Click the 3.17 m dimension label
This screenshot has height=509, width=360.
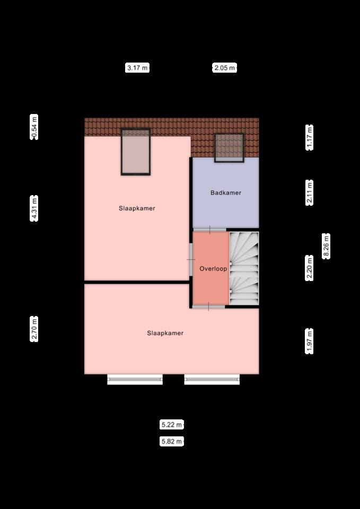pyautogui.click(x=137, y=68)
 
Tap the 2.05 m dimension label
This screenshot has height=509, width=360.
pyautogui.click(x=225, y=68)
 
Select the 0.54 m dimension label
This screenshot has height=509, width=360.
pyautogui.click(x=35, y=127)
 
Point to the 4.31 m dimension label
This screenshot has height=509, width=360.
pyautogui.click(x=35, y=208)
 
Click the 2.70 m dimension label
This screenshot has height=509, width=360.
pyautogui.click(x=35, y=329)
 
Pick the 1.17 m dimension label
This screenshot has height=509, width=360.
pyautogui.click(x=310, y=137)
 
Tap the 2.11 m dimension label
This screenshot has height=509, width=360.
pyautogui.click(x=310, y=192)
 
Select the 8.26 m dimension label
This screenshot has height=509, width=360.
pyautogui.click(x=326, y=246)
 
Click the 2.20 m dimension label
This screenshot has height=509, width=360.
pyautogui.click(x=310, y=268)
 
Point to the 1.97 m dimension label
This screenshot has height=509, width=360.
pyautogui.click(x=310, y=341)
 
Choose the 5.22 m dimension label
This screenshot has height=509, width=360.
pyautogui.click(x=172, y=425)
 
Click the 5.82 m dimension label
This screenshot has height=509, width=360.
pyautogui.click(x=172, y=441)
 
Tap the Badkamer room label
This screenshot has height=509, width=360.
pyautogui.click(x=226, y=192)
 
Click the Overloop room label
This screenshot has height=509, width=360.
pyautogui.click(x=213, y=269)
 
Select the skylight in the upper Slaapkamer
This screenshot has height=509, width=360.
pyautogui.click(x=136, y=152)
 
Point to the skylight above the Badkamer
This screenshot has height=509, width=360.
pyautogui.click(x=229, y=147)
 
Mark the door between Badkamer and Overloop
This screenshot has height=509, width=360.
pyautogui.click(x=209, y=230)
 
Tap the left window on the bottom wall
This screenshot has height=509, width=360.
pyautogui.click(x=135, y=379)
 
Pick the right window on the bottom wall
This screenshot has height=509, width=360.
pyautogui.click(x=212, y=379)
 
